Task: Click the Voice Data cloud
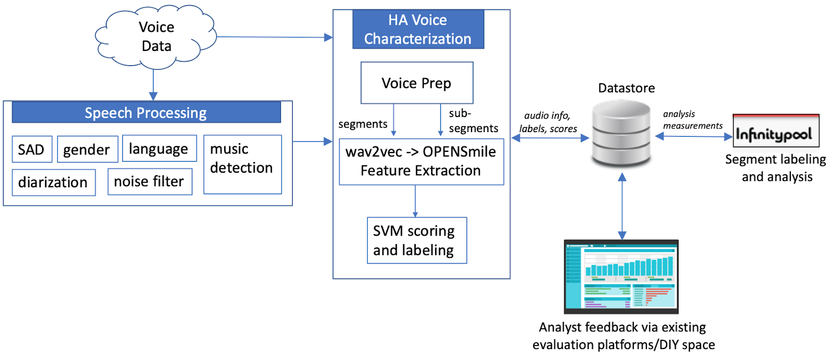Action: (155, 37)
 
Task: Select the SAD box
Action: (32, 150)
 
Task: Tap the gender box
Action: (87, 150)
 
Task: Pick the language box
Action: (159, 149)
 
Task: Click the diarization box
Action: (54, 183)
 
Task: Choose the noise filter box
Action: (149, 182)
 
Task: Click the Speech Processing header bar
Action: (146, 113)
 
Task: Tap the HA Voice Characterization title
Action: (418, 30)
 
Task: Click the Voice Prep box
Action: (417, 83)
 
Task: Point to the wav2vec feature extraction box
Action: (421, 161)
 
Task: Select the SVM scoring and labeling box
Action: (417, 240)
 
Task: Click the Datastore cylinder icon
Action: (621, 133)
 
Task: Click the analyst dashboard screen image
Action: (621, 277)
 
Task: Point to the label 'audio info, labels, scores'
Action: (548, 122)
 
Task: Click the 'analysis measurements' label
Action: (692, 120)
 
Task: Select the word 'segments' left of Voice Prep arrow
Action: (362, 124)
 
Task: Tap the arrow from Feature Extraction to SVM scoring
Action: (415, 201)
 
